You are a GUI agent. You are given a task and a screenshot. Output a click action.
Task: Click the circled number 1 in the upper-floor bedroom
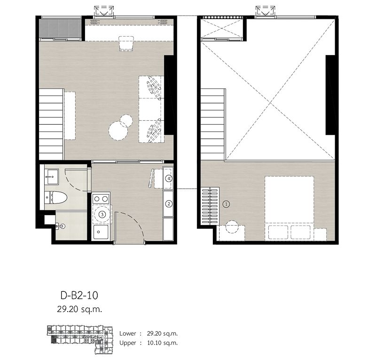coord(226,204)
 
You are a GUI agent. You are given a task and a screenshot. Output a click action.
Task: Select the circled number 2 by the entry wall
coord(168,204)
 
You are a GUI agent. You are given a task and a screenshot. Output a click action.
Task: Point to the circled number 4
coord(168,179)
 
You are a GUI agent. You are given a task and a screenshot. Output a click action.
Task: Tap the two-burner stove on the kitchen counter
coord(101,198)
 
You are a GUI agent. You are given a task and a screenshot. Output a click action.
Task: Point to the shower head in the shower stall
coord(61,227)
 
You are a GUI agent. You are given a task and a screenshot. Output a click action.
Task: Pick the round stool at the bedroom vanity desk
coord(231,227)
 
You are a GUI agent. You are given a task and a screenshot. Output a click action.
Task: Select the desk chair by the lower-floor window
coord(126,43)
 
